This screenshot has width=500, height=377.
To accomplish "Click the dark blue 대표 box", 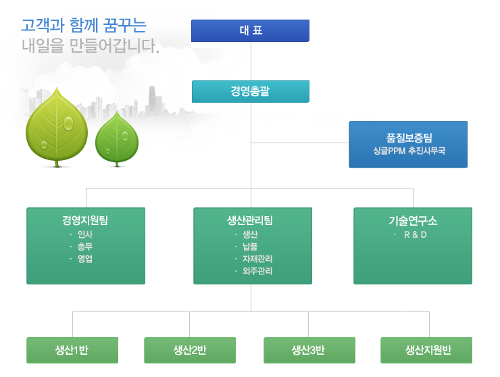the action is [x=250, y=30].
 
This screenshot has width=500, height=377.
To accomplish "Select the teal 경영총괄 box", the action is [x=251, y=91].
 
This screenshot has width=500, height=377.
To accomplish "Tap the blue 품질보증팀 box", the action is [x=408, y=145].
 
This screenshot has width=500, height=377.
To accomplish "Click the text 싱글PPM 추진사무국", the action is [x=409, y=151].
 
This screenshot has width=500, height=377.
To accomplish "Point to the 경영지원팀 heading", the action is [x=85, y=220].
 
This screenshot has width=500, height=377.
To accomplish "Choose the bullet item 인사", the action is [x=85, y=234].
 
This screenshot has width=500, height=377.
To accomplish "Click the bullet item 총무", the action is [x=85, y=247].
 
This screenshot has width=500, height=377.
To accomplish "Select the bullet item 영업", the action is [x=85, y=259].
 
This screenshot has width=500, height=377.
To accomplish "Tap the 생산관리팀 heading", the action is [x=250, y=220].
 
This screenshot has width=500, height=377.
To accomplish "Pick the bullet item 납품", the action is [x=250, y=247].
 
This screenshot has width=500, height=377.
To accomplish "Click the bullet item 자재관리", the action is [x=257, y=259].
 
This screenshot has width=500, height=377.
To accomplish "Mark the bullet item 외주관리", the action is [x=257, y=271].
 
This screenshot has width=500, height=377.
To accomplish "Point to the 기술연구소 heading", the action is [x=413, y=220].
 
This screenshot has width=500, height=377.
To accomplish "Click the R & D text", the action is [x=415, y=234].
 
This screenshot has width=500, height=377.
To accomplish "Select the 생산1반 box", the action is [x=72, y=350].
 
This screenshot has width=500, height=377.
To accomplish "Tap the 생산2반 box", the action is [x=190, y=350].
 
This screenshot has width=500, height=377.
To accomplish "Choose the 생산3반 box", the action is [x=309, y=350].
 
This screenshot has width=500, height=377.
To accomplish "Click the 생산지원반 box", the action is [x=426, y=350].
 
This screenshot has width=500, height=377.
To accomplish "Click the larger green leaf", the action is [x=57, y=128].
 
